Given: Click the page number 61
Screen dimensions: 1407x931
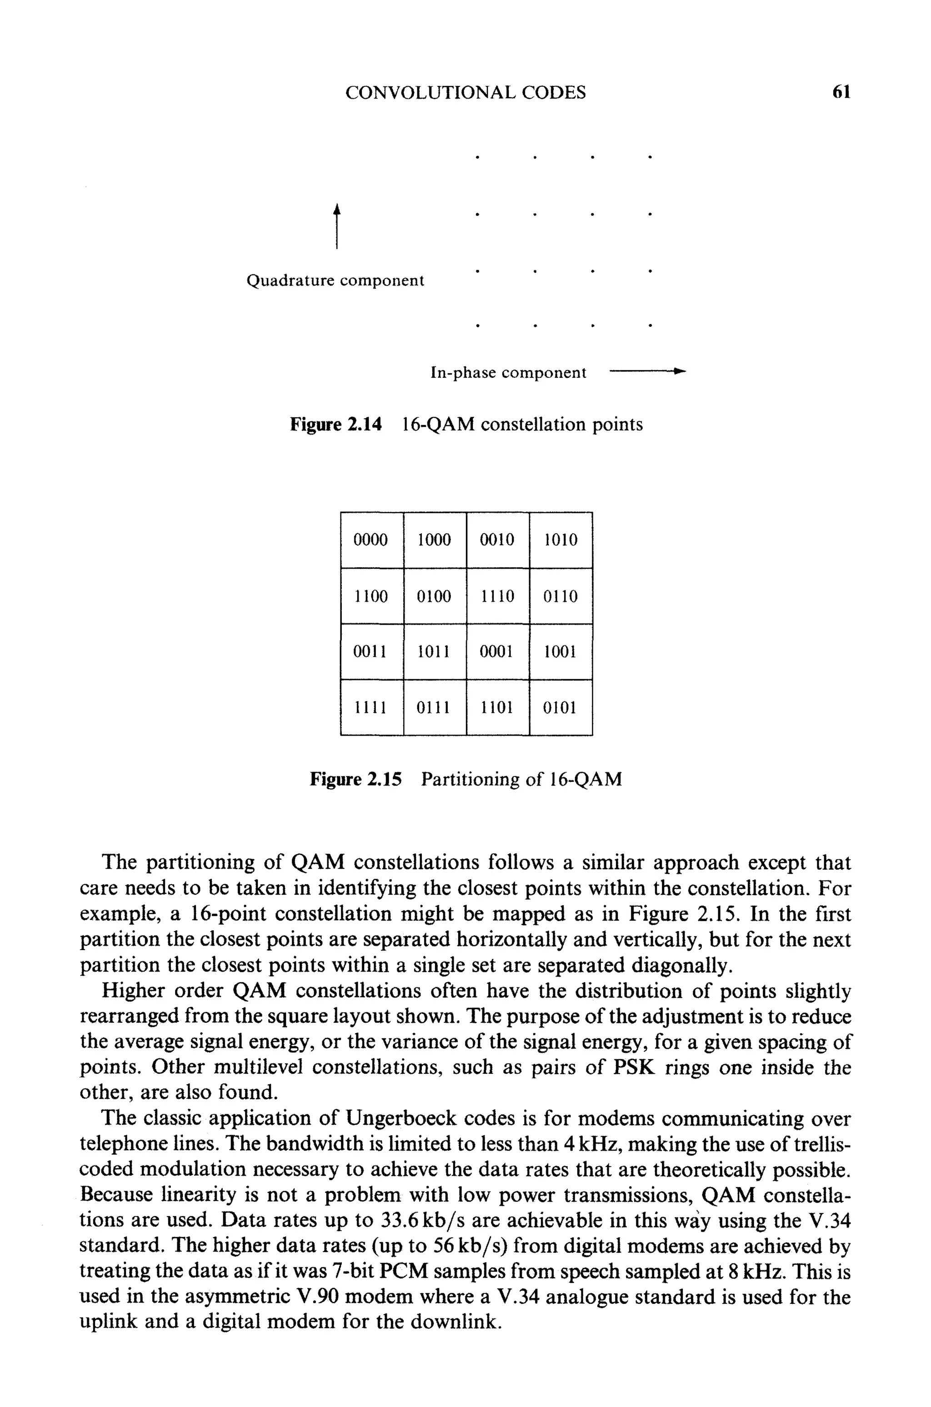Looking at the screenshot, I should pyautogui.click(x=842, y=92).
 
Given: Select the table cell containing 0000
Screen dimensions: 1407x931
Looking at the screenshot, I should pyautogui.click(x=371, y=540).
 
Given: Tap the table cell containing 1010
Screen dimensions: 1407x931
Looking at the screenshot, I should pyautogui.click(x=561, y=540).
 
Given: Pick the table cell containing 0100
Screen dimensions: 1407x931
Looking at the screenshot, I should pyautogui.click(x=434, y=596).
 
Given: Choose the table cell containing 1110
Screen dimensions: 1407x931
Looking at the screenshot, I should pyautogui.click(x=498, y=596).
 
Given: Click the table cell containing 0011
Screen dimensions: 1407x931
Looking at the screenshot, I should pyautogui.click(x=371, y=652).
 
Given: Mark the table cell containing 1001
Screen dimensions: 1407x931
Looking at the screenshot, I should pyautogui.click(x=561, y=652).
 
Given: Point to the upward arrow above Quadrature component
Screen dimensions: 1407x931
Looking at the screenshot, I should pyautogui.click(x=337, y=225).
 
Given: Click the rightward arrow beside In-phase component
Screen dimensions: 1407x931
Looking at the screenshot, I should pyautogui.click(x=647, y=371).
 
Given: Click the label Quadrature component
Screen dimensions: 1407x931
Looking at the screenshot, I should pyautogui.click(x=335, y=280).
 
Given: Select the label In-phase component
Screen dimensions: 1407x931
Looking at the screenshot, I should pyautogui.click(x=508, y=373).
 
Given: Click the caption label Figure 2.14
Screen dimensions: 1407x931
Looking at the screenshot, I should pyautogui.click(x=335, y=425).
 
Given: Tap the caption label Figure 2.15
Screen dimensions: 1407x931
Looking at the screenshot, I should pyautogui.click(x=355, y=779).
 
